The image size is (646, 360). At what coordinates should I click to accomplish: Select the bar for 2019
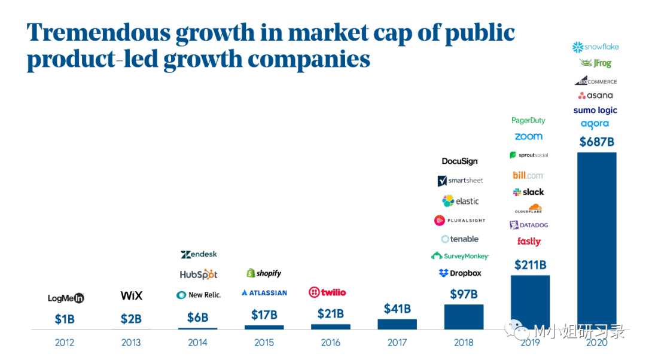(x=530, y=302)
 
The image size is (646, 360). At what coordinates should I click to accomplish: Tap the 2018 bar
(x=464, y=317)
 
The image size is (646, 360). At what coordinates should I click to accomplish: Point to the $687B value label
(x=597, y=142)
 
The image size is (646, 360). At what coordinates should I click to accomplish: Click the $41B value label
(x=397, y=309)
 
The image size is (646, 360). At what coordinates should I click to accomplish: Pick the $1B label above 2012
(x=65, y=319)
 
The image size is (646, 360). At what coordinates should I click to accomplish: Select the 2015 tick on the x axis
(x=264, y=343)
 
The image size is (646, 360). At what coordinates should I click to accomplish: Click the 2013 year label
(x=131, y=343)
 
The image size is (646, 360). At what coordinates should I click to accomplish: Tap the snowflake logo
(x=595, y=47)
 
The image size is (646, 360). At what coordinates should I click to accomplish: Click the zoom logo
(x=529, y=136)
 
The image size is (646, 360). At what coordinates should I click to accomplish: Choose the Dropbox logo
(x=460, y=273)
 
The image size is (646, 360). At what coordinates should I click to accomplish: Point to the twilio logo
(x=327, y=292)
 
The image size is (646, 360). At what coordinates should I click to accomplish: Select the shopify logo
(x=264, y=273)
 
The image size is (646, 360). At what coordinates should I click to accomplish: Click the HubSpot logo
(x=198, y=274)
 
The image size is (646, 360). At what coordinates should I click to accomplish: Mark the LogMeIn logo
(x=66, y=298)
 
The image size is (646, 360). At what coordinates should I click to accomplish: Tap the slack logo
(x=529, y=192)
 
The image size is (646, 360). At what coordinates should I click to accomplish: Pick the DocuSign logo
(x=460, y=161)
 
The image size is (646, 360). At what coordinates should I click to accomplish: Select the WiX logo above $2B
(x=132, y=295)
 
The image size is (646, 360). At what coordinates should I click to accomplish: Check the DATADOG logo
(x=529, y=225)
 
